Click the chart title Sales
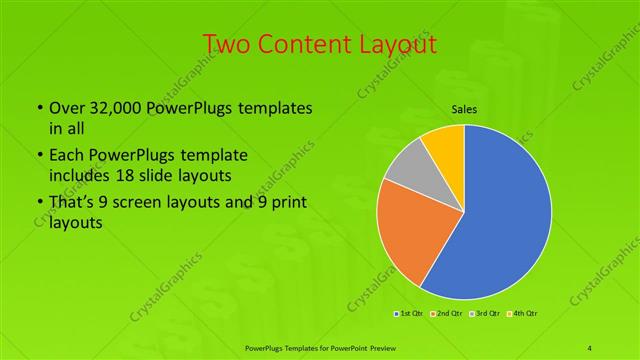tap(464, 111)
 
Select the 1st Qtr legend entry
tap(411, 314)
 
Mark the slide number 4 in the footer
tap(590, 348)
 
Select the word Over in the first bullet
tap(66, 107)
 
